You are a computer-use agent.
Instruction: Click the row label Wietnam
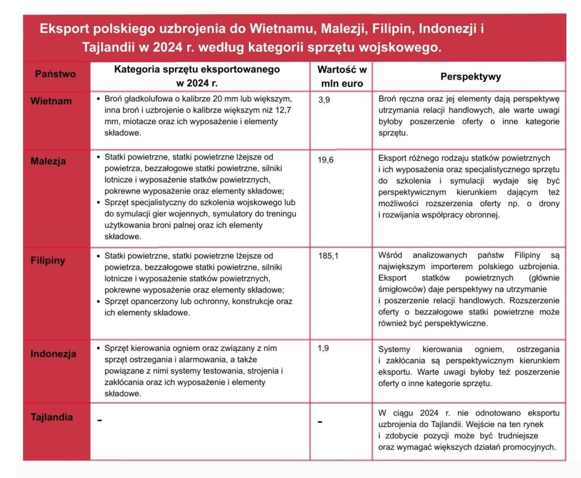(51, 102)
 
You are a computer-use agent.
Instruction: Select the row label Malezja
(48, 161)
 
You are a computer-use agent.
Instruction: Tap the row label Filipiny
(48, 261)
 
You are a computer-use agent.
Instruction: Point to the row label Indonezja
(53, 354)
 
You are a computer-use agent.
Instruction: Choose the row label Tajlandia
(52, 418)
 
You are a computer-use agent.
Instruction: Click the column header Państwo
(55, 74)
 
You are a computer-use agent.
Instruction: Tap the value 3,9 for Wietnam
(325, 100)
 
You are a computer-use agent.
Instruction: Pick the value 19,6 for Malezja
(326, 160)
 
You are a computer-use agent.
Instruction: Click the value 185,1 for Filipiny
(329, 256)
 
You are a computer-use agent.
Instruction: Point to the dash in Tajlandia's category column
(100, 421)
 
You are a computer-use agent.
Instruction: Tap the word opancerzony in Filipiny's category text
(154, 301)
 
